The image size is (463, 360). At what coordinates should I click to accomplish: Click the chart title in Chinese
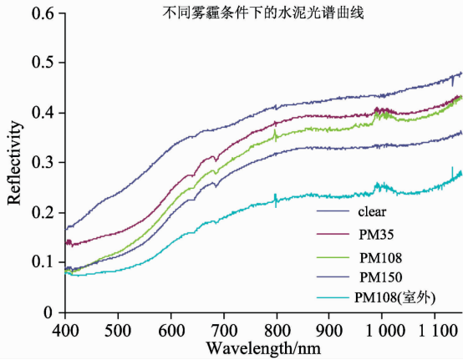coord(262,13)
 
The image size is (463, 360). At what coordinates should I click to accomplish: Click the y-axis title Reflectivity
coord(14,163)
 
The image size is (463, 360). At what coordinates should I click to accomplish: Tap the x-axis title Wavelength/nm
coord(263,348)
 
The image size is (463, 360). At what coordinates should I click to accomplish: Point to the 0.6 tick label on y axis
coord(43,13)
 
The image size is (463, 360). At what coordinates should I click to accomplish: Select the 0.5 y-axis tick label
coord(43,63)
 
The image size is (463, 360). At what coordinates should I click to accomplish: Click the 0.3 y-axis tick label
coord(43,162)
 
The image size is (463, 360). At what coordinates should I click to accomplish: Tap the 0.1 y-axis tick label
coord(43,262)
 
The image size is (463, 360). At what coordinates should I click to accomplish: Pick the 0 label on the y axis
coord(48,312)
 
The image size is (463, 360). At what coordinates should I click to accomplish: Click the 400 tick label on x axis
coord(65,331)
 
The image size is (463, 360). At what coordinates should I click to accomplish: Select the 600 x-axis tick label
coord(171,331)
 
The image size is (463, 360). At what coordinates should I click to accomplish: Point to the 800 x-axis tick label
coord(277,331)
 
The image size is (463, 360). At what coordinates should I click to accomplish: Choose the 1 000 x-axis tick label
coord(385,331)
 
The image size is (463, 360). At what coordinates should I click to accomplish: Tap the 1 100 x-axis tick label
coord(438,331)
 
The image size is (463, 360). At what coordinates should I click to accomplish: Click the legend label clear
coord(372,211)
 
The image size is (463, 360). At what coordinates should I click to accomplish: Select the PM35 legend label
coord(376,235)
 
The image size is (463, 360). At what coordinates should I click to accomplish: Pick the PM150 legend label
coord(380,277)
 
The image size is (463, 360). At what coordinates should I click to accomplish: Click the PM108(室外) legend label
coord(394,297)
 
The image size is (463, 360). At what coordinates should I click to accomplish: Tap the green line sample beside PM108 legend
coord(333,257)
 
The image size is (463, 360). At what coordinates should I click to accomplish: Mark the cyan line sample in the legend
coord(333,297)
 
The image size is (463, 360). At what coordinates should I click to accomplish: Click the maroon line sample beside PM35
coord(333,234)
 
